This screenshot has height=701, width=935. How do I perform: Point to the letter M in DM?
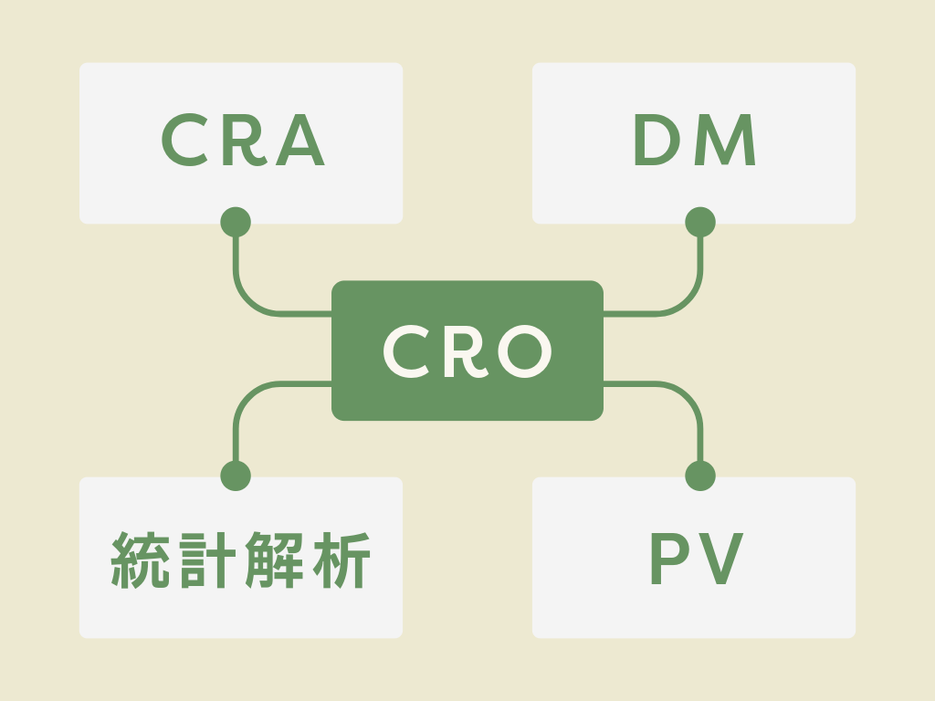[728, 142]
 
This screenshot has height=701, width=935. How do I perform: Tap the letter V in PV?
[721, 559]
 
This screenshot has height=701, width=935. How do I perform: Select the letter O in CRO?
[523, 351]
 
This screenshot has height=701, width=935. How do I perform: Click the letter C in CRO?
[406, 351]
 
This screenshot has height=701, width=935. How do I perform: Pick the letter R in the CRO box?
[463, 351]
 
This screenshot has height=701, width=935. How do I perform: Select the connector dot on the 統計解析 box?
[236, 476]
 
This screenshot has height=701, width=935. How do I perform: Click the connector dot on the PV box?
[700, 476]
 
